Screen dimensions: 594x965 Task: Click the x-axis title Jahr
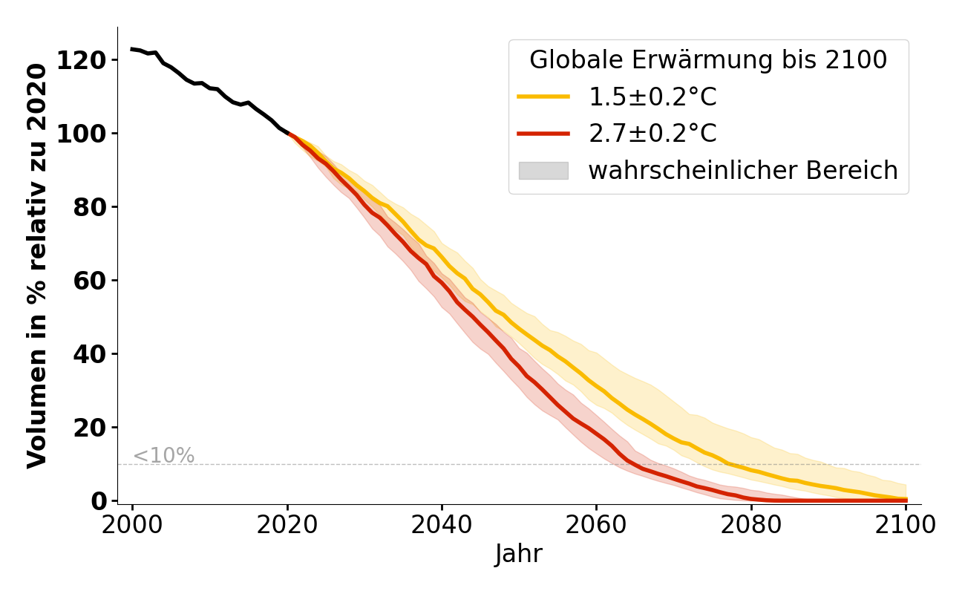point(519,554)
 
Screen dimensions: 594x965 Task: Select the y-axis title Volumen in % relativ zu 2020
point(38,266)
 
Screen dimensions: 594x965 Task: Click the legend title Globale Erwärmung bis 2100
point(708,60)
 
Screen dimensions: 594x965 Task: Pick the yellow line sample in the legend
point(543,97)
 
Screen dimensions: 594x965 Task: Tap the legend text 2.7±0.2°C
point(652,134)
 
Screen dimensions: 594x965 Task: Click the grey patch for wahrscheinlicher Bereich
point(543,171)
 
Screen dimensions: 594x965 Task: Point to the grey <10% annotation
point(163,456)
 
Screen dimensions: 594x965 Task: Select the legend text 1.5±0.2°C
point(652,97)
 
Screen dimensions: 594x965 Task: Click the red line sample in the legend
point(543,134)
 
